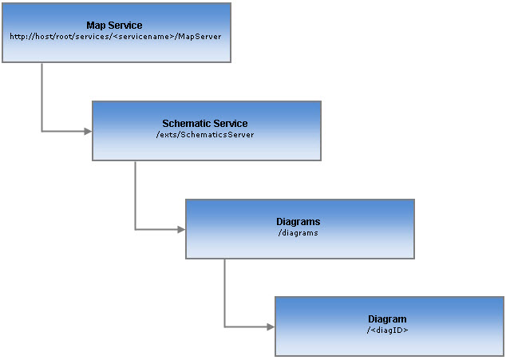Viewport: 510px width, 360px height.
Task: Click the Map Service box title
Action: point(114,26)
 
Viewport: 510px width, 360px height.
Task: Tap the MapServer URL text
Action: point(116,37)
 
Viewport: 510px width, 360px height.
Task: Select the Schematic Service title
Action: point(205,124)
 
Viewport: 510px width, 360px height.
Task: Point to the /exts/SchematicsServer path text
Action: point(205,134)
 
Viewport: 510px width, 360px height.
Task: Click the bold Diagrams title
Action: point(298,221)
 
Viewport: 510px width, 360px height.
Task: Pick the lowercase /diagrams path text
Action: point(298,232)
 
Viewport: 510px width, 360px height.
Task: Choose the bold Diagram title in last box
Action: point(387,319)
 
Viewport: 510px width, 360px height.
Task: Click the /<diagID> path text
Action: point(387,330)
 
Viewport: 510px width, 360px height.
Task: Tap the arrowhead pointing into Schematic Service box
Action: point(88,131)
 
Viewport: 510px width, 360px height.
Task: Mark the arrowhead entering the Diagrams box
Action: point(181,229)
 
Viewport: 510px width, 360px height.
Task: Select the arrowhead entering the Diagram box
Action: point(271,326)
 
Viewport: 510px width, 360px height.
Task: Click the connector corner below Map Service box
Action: point(42,131)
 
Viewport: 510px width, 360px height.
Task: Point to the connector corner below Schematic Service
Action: point(135,229)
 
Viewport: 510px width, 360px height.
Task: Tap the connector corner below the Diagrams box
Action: point(224,326)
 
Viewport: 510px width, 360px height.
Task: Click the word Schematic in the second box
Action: point(186,124)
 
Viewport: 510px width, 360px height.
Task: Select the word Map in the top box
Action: point(96,26)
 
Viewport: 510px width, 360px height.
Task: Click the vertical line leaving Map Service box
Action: point(42,96)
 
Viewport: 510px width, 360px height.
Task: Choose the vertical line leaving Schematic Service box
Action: point(135,196)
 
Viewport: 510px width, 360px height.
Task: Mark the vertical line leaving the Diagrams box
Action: point(224,292)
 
